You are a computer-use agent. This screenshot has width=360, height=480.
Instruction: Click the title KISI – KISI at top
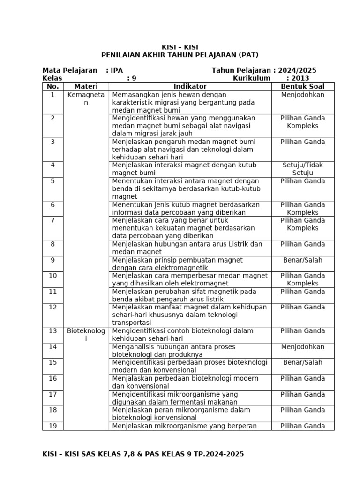(x=180, y=47)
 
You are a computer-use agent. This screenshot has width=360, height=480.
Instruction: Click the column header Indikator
(x=190, y=87)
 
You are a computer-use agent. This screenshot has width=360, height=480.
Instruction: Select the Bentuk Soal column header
(x=302, y=87)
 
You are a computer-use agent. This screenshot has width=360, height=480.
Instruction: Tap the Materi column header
(x=86, y=87)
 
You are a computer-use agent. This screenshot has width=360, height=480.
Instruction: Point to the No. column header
(x=52, y=87)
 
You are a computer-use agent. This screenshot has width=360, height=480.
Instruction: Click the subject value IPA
(x=117, y=70)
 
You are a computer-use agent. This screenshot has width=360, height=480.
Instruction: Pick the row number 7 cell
(x=52, y=220)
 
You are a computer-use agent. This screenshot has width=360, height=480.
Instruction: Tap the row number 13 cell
(x=52, y=331)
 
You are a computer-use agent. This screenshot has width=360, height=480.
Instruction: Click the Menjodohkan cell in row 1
(x=302, y=95)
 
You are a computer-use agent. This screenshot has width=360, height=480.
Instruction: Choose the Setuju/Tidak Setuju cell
(x=302, y=169)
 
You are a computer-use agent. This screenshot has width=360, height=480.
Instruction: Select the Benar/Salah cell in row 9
(x=302, y=260)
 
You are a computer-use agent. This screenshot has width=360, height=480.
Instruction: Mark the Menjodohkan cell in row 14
(x=302, y=347)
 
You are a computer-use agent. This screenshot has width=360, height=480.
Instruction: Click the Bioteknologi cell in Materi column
(x=86, y=335)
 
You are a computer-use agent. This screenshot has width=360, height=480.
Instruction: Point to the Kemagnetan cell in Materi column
(x=86, y=98)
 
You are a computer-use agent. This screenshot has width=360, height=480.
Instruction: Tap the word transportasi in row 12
(x=132, y=323)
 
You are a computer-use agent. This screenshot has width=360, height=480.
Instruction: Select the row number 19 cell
(x=52, y=426)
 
